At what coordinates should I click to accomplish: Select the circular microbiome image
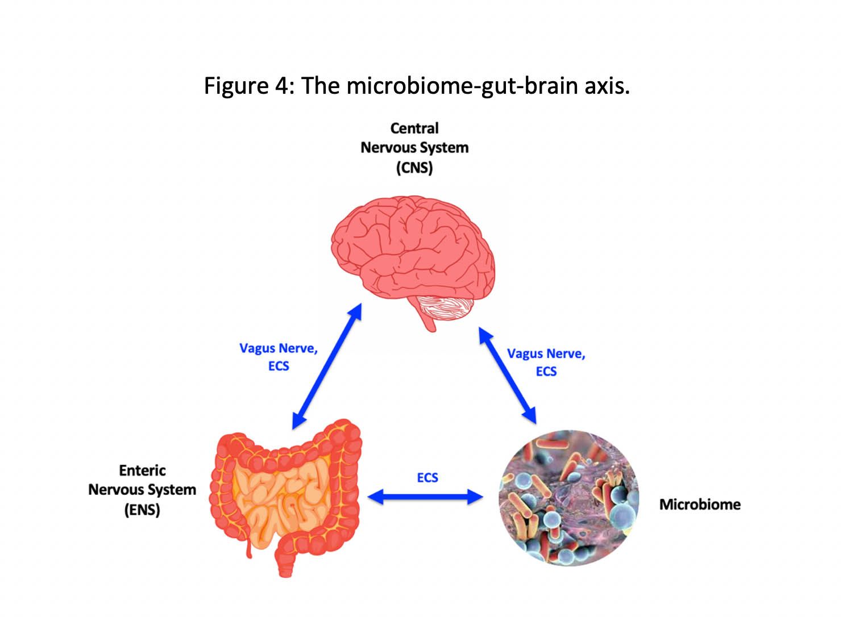(x=569, y=498)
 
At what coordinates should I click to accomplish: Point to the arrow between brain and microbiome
(x=507, y=376)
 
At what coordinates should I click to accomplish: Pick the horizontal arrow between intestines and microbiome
(x=425, y=497)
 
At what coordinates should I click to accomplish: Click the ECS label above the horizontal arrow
(x=427, y=478)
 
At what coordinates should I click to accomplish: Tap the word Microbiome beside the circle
(x=700, y=505)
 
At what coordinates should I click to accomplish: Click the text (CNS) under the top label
(x=414, y=168)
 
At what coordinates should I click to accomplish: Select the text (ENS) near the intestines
(x=142, y=510)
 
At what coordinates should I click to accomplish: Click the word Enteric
(x=142, y=470)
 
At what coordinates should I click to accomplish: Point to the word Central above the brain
(x=414, y=128)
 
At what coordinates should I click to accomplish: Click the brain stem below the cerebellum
(x=428, y=322)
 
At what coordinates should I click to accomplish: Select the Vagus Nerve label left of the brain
(x=278, y=348)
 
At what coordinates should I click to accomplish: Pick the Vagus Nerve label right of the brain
(x=546, y=354)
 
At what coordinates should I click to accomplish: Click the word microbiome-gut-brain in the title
(x=462, y=86)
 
